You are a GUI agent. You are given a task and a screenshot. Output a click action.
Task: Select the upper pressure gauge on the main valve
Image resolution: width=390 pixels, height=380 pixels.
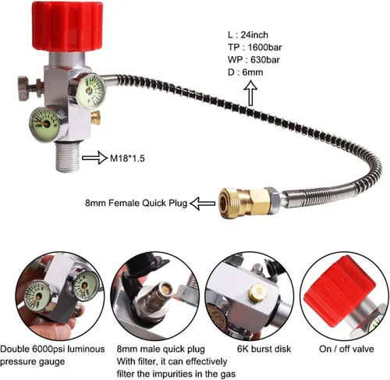click(92, 91)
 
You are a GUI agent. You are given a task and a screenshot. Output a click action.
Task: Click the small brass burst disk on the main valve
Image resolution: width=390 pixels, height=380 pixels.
click(96, 117)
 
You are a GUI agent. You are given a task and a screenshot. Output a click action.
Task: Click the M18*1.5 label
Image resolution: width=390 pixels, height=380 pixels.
click(127, 158)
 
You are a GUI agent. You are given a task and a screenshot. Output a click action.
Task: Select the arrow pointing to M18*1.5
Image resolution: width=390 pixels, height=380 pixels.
click(94, 158)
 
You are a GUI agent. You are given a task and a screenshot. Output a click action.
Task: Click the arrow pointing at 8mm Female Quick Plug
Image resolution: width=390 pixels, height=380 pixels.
click(203, 204)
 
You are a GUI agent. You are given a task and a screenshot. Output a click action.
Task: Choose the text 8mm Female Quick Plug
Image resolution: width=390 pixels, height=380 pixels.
click(136, 203)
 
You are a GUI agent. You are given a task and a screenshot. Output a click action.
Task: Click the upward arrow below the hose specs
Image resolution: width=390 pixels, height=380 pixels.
click(250, 93)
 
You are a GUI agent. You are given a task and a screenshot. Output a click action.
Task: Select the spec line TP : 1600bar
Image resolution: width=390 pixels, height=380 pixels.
click(255, 48)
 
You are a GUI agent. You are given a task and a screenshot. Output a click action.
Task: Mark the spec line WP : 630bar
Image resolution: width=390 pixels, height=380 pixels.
click(253, 60)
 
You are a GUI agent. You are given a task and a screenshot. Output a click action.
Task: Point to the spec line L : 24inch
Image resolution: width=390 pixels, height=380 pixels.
click(248, 35)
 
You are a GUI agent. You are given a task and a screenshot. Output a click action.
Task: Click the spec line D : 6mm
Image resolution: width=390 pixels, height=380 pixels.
click(246, 72)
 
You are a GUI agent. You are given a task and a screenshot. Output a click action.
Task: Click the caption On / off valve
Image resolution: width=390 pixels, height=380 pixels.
click(346, 349)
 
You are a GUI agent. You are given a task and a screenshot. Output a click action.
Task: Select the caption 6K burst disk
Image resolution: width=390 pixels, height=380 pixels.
click(264, 349)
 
